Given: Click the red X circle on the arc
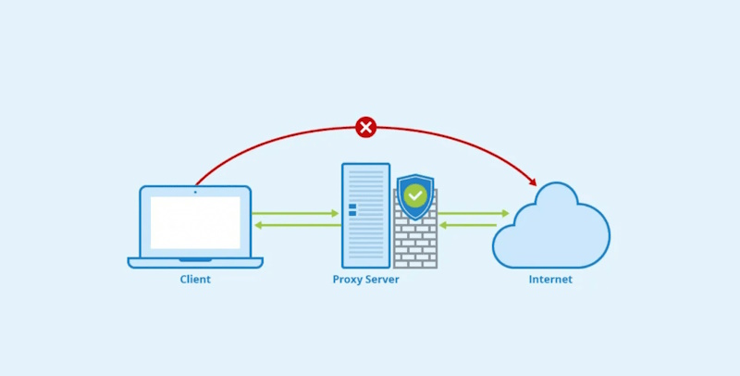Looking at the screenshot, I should (x=366, y=127).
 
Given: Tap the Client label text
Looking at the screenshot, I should (x=195, y=279).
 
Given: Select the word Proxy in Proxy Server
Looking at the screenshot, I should (x=348, y=279).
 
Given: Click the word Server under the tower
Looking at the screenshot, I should (x=383, y=279).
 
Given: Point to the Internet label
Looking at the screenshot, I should (x=550, y=279).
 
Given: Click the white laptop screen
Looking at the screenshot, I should (x=195, y=222).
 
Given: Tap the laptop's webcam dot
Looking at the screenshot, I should (x=195, y=192).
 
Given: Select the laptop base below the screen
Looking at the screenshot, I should (x=195, y=263).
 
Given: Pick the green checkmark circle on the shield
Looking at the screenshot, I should (x=415, y=195).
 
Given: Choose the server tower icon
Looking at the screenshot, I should (x=365, y=215).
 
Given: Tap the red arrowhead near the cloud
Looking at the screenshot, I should (x=532, y=180).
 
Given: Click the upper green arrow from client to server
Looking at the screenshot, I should (x=296, y=214).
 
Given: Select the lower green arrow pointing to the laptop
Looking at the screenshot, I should (x=296, y=226).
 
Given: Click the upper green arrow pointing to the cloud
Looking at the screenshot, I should (x=474, y=214).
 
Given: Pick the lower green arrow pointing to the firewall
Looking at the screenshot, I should (x=474, y=226).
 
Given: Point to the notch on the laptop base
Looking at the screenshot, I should (x=195, y=260).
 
